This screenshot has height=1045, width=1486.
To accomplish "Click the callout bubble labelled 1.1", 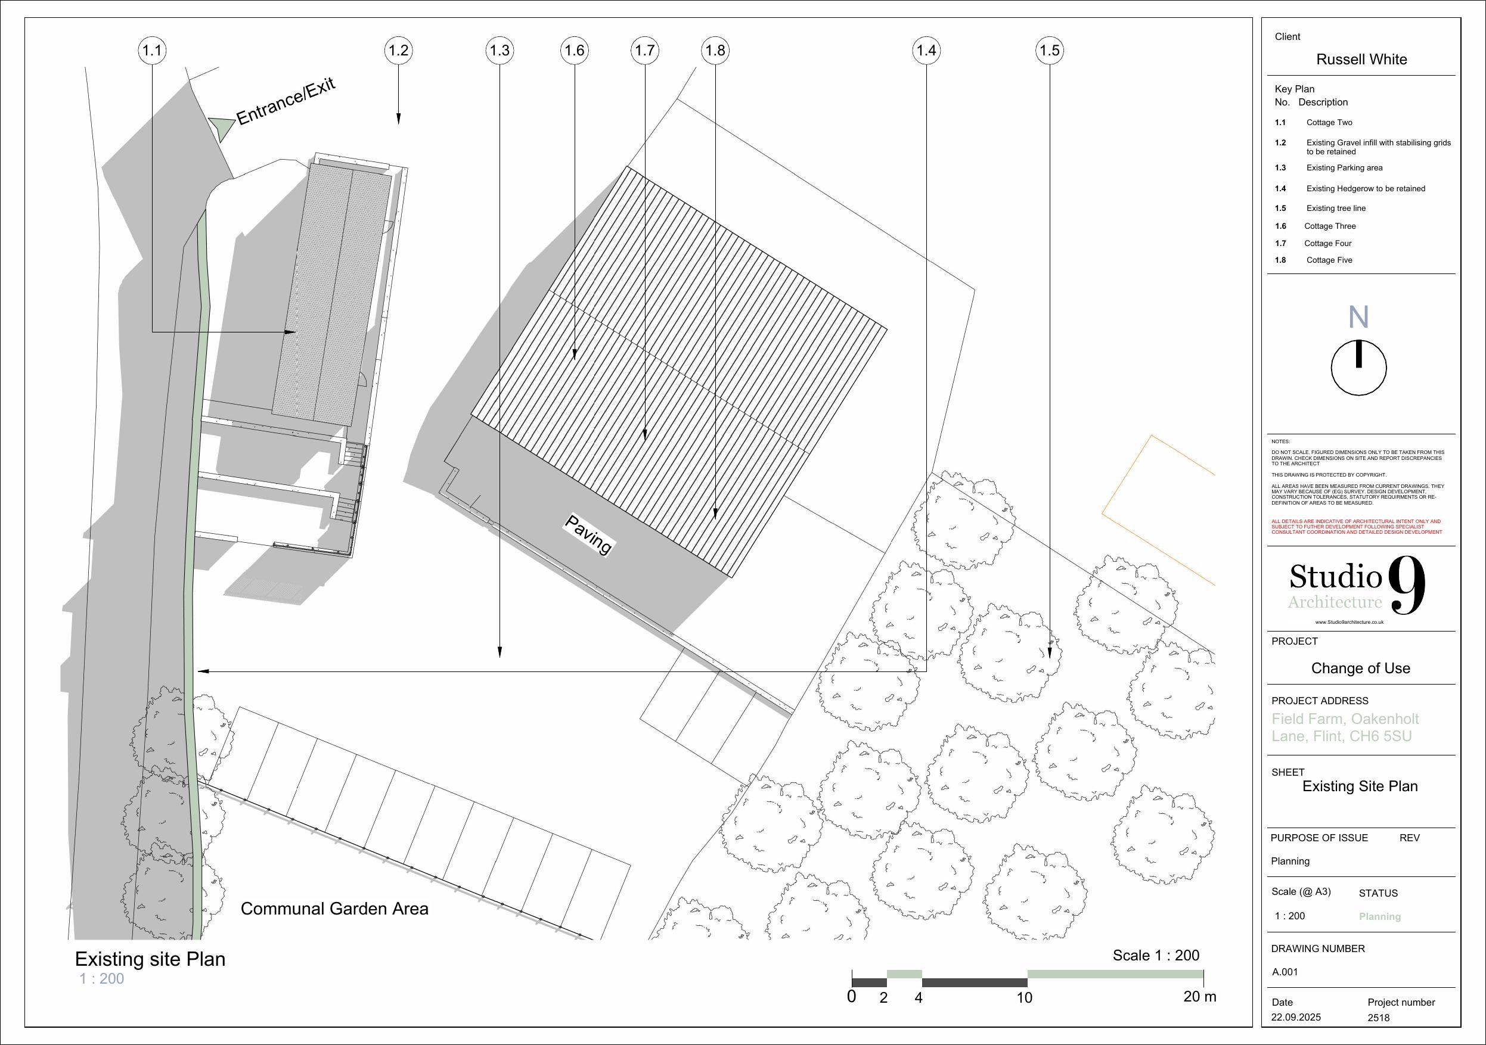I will point(152,51).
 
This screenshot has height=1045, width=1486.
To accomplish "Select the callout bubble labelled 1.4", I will point(926,51).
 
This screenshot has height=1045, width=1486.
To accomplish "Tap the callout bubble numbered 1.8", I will point(715,51).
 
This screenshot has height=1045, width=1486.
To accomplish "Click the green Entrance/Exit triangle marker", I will point(222,127).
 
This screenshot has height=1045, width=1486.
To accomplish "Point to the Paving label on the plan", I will point(588,534).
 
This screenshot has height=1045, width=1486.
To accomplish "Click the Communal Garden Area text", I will point(334,909).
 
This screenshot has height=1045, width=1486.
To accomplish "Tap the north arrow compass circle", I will point(1358,368).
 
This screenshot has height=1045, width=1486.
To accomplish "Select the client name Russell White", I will point(1361,60).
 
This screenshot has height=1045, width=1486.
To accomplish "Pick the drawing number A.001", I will point(1285,972).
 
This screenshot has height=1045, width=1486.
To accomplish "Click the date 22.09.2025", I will point(1296,1017).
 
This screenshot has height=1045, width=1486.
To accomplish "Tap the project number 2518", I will point(1378,1018).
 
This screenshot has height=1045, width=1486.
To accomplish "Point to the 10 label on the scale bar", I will point(1024,998).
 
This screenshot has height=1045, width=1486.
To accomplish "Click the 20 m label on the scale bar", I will point(1199,997).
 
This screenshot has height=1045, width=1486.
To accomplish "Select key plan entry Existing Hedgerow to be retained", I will point(1365,189).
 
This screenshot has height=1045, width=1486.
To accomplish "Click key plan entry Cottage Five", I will point(1329,260).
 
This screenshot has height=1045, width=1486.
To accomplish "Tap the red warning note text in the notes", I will point(1356,527).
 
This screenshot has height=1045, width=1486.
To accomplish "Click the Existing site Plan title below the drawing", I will point(150,959).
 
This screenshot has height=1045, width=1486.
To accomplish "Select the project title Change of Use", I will point(1360,668).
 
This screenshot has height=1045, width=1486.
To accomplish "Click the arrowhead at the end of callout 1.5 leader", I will point(1050,653).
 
